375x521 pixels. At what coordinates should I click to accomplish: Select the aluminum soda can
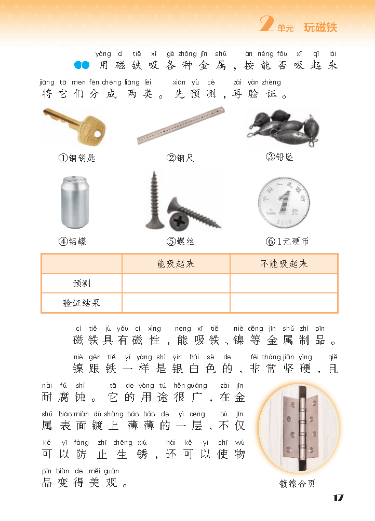tap(76, 202)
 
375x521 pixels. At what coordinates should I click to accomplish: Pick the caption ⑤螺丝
tap(180, 241)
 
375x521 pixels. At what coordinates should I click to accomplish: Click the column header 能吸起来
tap(176, 264)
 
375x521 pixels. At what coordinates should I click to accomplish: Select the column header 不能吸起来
tap(284, 264)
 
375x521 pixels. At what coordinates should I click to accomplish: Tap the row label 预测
tap(82, 284)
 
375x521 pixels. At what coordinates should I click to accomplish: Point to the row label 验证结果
tap(82, 303)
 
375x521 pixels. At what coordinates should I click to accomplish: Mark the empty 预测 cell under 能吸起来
tap(176, 284)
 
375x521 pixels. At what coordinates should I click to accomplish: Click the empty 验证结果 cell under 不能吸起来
tap(284, 303)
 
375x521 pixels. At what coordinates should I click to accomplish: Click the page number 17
tap(338, 498)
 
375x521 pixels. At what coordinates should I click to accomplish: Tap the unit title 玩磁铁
tap(320, 27)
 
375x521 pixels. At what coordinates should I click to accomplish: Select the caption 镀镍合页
tap(297, 484)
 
